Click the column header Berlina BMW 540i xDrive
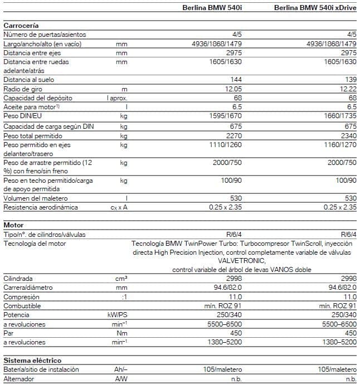point(316,8)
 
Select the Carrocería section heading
point(21,26)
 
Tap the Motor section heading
point(13,225)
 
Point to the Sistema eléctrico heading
point(32,361)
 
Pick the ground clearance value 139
point(351,80)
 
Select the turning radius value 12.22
point(347,89)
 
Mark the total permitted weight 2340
point(347,135)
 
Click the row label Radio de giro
point(23,89)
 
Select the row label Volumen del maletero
point(35,198)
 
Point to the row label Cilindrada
point(18,278)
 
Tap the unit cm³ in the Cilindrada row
point(121,278)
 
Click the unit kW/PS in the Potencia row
point(118,315)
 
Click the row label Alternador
point(19,378)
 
